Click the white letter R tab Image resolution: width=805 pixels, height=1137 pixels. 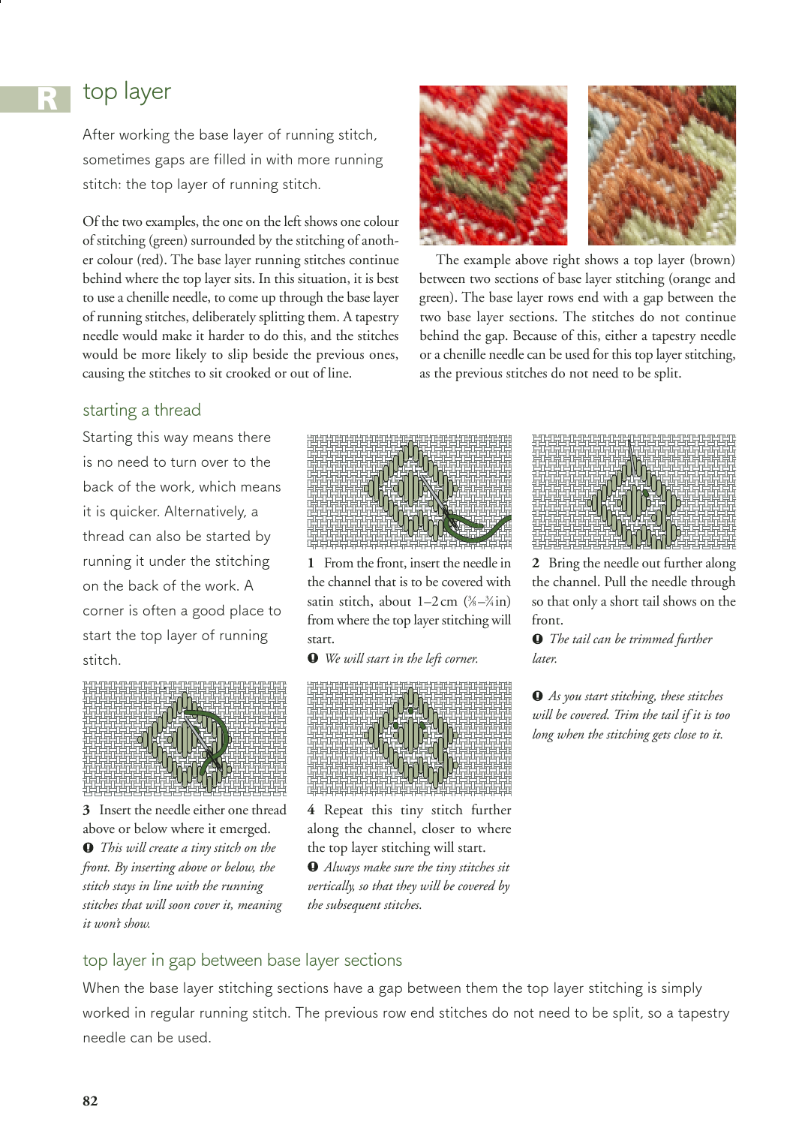pyautogui.click(x=47, y=98)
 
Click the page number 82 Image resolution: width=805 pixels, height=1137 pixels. pyautogui.click(x=90, y=1101)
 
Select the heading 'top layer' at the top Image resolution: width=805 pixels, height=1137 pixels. pyautogui.click(x=127, y=92)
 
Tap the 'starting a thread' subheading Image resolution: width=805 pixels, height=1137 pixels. pyautogui.click(x=142, y=410)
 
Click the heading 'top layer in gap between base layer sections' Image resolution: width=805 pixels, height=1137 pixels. pyautogui.click(x=242, y=960)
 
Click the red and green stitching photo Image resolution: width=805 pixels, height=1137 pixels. pyautogui.click(x=493, y=165)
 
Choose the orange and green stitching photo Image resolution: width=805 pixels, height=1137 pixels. pyautogui.click(x=661, y=165)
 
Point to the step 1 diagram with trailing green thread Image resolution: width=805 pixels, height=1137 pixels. pyautogui.click(x=409, y=491)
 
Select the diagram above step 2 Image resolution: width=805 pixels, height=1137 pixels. pyautogui.click(x=633, y=491)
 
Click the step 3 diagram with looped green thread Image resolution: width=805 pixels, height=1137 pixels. pyautogui.click(x=185, y=738)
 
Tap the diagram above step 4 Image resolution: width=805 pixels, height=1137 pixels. pyautogui.click(x=409, y=738)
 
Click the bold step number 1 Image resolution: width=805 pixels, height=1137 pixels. pyautogui.click(x=311, y=563)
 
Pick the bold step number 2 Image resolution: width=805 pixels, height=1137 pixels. pyautogui.click(x=536, y=563)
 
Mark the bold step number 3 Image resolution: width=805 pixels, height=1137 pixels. pyautogui.click(x=86, y=810)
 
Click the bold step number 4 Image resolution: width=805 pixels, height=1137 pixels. pyautogui.click(x=311, y=810)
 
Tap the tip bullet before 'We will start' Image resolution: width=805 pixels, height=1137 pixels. pyautogui.click(x=313, y=658)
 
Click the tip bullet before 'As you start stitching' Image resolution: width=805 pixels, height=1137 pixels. pyautogui.click(x=537, y=696)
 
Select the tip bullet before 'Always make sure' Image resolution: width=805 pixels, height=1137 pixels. pyautogui.click(x=313, y=867)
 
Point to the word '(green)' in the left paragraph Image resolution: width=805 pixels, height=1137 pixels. pyautogui.click(x=173, y=240)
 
